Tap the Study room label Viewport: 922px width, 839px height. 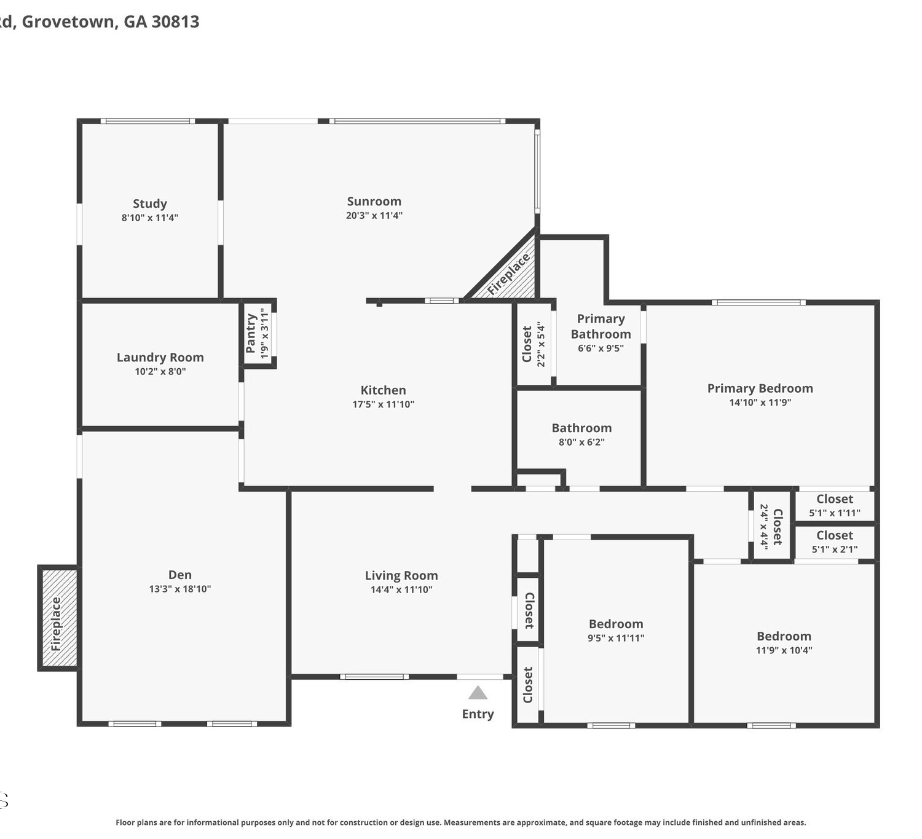[x=150, y=203]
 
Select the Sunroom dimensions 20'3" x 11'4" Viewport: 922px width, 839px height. [x=374, y=215]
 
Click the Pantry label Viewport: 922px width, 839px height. [x=251, y=333]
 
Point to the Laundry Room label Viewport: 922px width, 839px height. [x=160, y=357]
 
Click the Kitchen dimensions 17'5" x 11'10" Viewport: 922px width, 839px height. [x=384, y=404]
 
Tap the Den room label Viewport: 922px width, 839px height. [x=179, y=574]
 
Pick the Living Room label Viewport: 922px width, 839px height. [x=401, y=575]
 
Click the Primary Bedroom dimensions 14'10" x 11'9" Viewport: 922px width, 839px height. [x=760, y=402]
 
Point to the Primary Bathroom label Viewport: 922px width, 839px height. [x=601, y=326]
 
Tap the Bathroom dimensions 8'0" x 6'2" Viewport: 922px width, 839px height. [x=581, y=442]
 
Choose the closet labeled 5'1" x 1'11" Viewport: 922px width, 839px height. [x=835, y=506]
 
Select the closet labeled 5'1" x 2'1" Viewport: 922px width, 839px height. [x=835, y=542]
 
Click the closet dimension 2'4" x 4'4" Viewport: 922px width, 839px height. [x=764, y=527]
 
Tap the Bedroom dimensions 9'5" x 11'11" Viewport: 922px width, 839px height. [x=616, y=637]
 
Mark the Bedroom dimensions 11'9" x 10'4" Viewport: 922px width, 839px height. [x=784, y=650]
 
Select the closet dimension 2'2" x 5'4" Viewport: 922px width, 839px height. [x=541, y=344]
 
